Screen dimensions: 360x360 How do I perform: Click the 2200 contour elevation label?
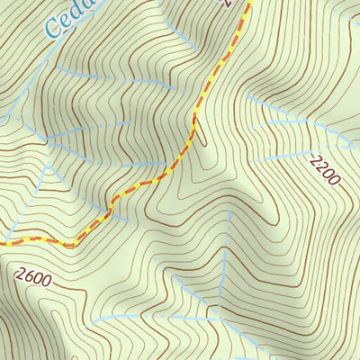(324, 169)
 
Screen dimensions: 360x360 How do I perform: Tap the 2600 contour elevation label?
(33, 278)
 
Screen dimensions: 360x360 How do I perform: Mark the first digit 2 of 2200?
(314, 158)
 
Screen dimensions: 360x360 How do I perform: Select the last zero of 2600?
(47, 282)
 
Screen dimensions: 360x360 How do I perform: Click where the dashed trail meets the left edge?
(2, 243)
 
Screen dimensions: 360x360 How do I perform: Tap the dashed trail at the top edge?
(247, 3)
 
